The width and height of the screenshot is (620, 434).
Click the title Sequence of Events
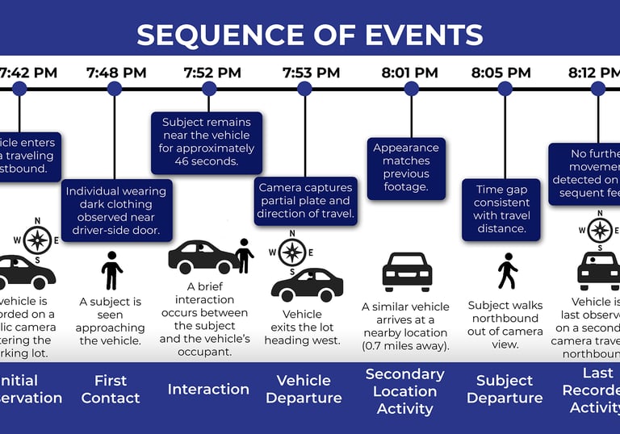pos(310,35)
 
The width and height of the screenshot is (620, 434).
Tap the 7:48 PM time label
pos(116,73)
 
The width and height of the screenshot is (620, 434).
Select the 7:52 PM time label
pos(212,73)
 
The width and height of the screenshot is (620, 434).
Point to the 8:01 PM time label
pos(410,73)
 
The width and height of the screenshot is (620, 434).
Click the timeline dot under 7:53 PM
pos(304,89)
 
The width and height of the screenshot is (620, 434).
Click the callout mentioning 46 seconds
pos(207,142)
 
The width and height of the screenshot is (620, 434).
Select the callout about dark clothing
pos(115,211)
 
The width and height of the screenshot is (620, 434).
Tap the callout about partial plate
pos(305,201)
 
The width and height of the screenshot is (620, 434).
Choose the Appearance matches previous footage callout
pos(406,168)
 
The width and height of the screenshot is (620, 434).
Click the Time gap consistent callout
pos(501,209)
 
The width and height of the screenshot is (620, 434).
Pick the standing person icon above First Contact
pos(111,270)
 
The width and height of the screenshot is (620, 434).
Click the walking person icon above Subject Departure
pos(507,272)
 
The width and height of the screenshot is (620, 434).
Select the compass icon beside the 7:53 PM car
pos(291,250)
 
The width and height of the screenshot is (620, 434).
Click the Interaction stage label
pos(208,389)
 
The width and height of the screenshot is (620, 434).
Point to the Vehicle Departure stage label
pos(304,389)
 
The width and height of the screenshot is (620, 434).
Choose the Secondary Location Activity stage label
pos(404,390)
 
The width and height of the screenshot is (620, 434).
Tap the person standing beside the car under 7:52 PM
pos(244,256)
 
